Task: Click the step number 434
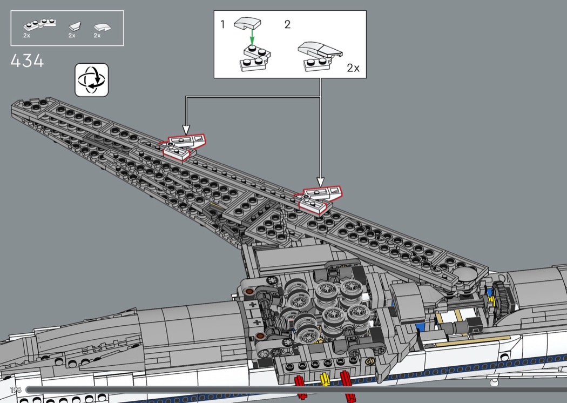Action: [x=27, y=61]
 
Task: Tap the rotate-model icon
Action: [x=91, y=80]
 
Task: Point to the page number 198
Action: [x=15, y=390]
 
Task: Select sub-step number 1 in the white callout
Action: [x=222, y=24]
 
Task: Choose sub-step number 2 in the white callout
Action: [x=287, y=24]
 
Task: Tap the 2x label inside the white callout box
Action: [x=353, y=68]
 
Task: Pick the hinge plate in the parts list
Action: [x=39, y=24]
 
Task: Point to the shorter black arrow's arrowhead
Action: [x=186, y=130]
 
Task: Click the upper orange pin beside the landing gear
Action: [x=249, y=293]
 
